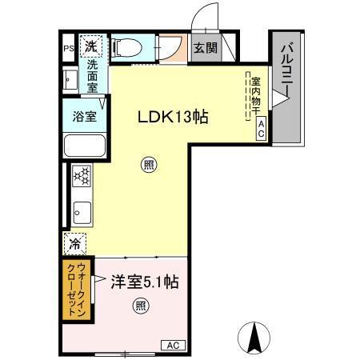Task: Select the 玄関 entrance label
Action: (x=206, y=48)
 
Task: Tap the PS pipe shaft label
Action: (x=68, y=47)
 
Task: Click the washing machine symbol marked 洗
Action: (x=93, y=45)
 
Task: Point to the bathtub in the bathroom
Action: (x=84, y=146)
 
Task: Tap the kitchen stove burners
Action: (x=81, y=176)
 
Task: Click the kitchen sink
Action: (x=82, y=212)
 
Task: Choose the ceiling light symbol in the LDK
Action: (x=150, y=166)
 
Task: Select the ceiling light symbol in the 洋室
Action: (x=140, y=305)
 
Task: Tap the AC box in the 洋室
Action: (x=172, y=346)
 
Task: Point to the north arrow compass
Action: (x=254, y=338)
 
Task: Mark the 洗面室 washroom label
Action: (x=93, y=75)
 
